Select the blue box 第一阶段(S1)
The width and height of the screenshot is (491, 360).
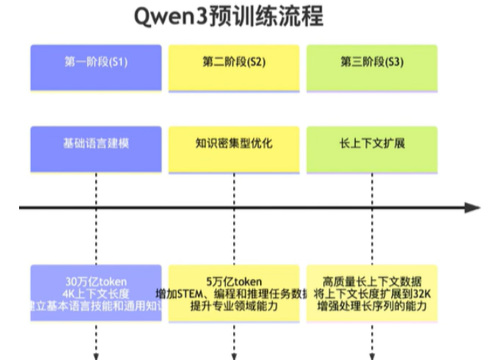click(x=96, y=62)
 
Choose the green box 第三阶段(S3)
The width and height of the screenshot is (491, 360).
click(x=372, y=62)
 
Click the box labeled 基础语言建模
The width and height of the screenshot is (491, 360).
click(x=96, y=143)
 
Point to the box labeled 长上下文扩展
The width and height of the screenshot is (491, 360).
click(x=372, y=143)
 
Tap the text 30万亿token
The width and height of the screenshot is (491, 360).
click(x=96, y=281)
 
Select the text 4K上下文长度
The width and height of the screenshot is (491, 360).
click(x=96, y=294)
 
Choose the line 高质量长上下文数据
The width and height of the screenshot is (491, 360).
click(x=372, y=281)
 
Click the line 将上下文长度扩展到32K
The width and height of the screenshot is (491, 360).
click(x=372, y=294)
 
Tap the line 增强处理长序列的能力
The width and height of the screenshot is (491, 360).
click(x=372, y=307)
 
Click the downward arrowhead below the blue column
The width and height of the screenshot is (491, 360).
click(x=97, y=355)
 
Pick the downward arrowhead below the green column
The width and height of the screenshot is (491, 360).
click(x=372, y=355)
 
